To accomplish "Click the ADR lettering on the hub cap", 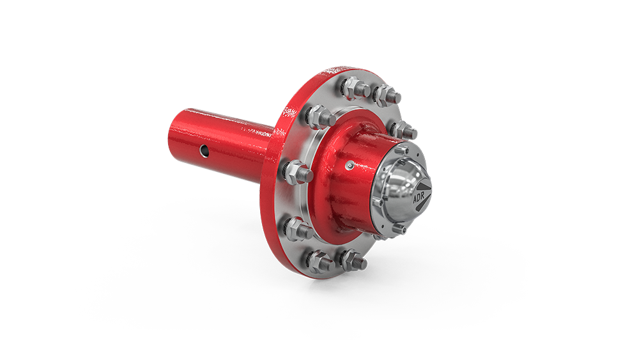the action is click(x=419, y=198).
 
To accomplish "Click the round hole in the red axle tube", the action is click(x=204, y=152).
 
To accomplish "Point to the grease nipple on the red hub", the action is click(x=350, y=165).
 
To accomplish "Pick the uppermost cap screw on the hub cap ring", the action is click(x=402, y=150).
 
